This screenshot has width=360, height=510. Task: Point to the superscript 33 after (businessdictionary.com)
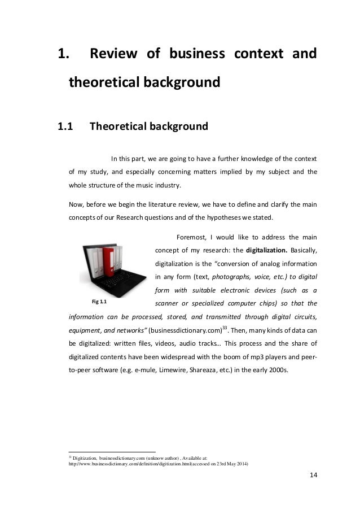tap(223, 326)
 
